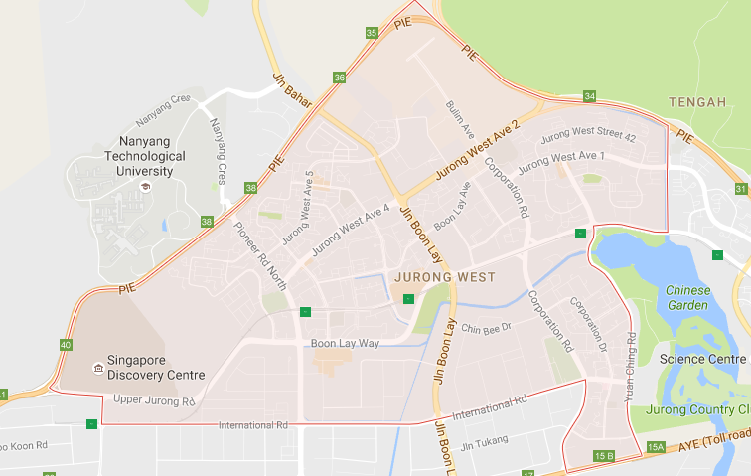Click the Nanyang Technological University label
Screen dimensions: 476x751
[151, 156]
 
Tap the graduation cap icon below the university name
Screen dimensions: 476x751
[144, 187]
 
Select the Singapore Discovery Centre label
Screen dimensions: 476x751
[156, 367]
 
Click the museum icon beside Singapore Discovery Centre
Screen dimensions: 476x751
[96, 368]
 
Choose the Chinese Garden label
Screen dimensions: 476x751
[688, 298]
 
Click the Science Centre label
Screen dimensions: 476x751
[702, 358]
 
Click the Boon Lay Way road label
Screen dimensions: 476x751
[345, 343]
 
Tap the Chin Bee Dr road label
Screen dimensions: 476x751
[485, 327]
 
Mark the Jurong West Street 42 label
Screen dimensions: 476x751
[590, 137]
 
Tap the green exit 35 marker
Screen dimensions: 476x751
[372, 33]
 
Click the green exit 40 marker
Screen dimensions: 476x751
[66, 345]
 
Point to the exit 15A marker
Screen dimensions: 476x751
[655, 448]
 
